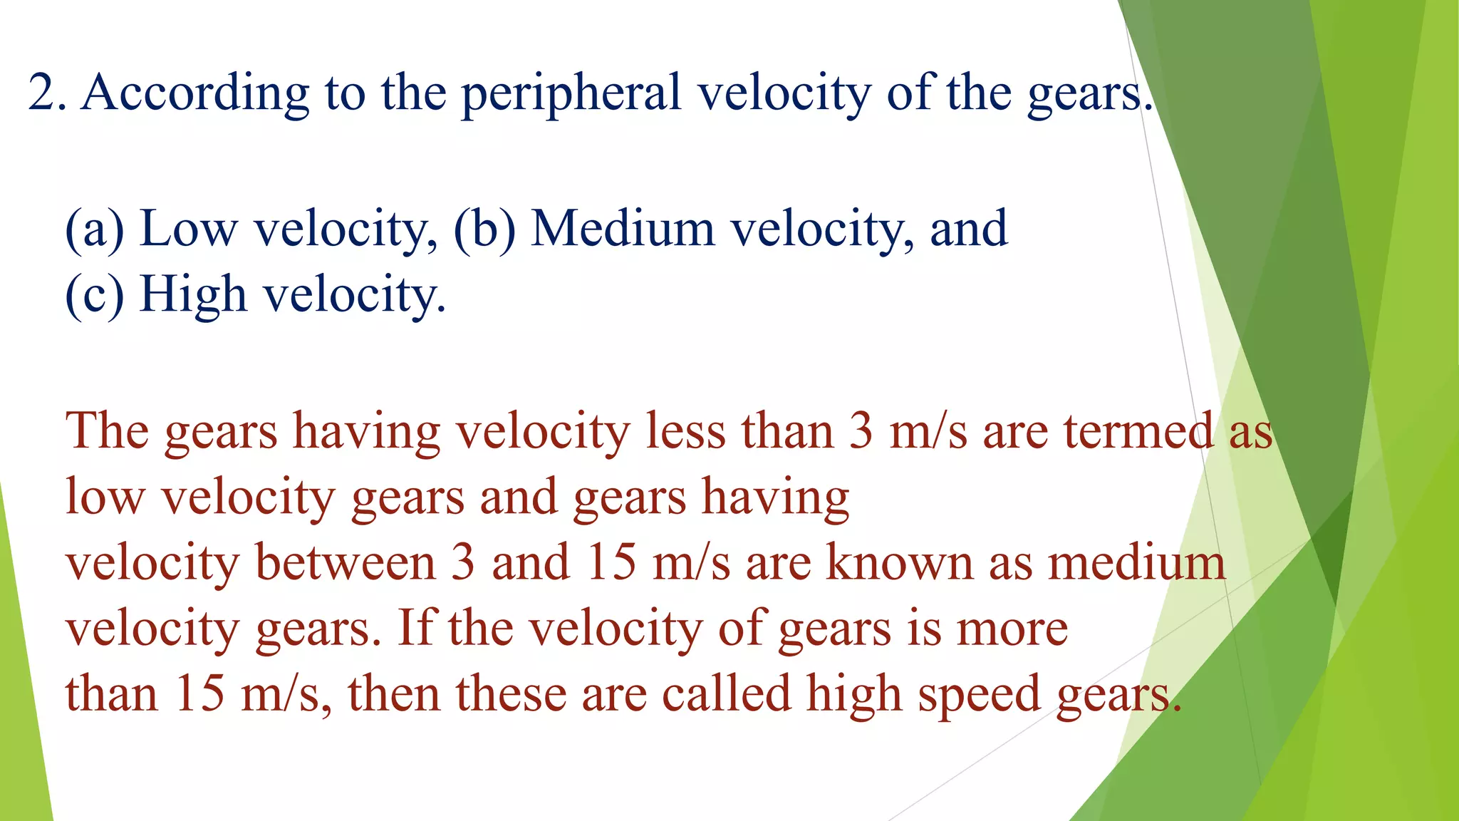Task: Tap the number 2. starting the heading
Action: (x=47, y=93)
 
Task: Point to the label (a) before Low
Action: (x=94, y=229)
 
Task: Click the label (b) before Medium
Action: (x=484, y=229)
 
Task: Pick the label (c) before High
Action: (x=94, y=294)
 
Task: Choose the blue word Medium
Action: (x=623, y=229)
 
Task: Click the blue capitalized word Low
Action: (x=188, y=229)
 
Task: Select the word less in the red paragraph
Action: (x=685, y=432)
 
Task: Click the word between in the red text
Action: (x=345, y=563)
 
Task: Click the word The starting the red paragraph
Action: (x=107, y=432)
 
